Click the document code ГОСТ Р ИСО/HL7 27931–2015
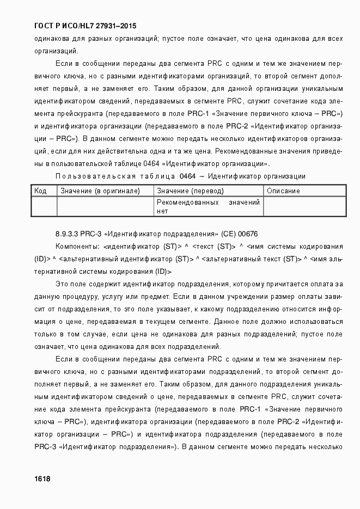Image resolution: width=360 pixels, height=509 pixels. [x=84, y=26]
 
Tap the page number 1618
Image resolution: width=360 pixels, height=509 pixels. [x=42, y=479]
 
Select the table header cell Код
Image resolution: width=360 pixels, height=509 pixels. [x=40, y=191]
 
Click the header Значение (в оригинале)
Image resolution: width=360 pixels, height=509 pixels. [x=100, y=191]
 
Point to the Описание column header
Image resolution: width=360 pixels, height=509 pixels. [x=283, y=191]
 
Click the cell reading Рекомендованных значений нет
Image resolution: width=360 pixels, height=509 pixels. [x=208, y=206]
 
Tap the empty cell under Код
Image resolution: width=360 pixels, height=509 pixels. [x=44, y=206]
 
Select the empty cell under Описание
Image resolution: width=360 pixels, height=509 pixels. [x=304, y=206]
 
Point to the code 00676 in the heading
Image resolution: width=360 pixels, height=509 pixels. [x=248, y=234]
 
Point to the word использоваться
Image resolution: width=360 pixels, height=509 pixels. [x=314, y=322]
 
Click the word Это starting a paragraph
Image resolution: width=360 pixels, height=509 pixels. [x=63, y=284]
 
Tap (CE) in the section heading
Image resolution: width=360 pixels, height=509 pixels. [x=227, y=234]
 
